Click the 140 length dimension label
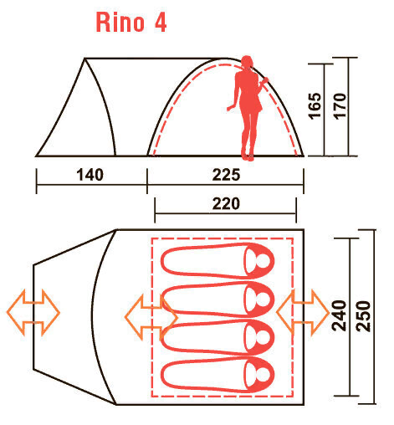[x=89, y=176]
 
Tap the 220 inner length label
[x=226, y=203]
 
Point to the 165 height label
[x=315, y=106]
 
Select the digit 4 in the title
[x=158, y=22]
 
